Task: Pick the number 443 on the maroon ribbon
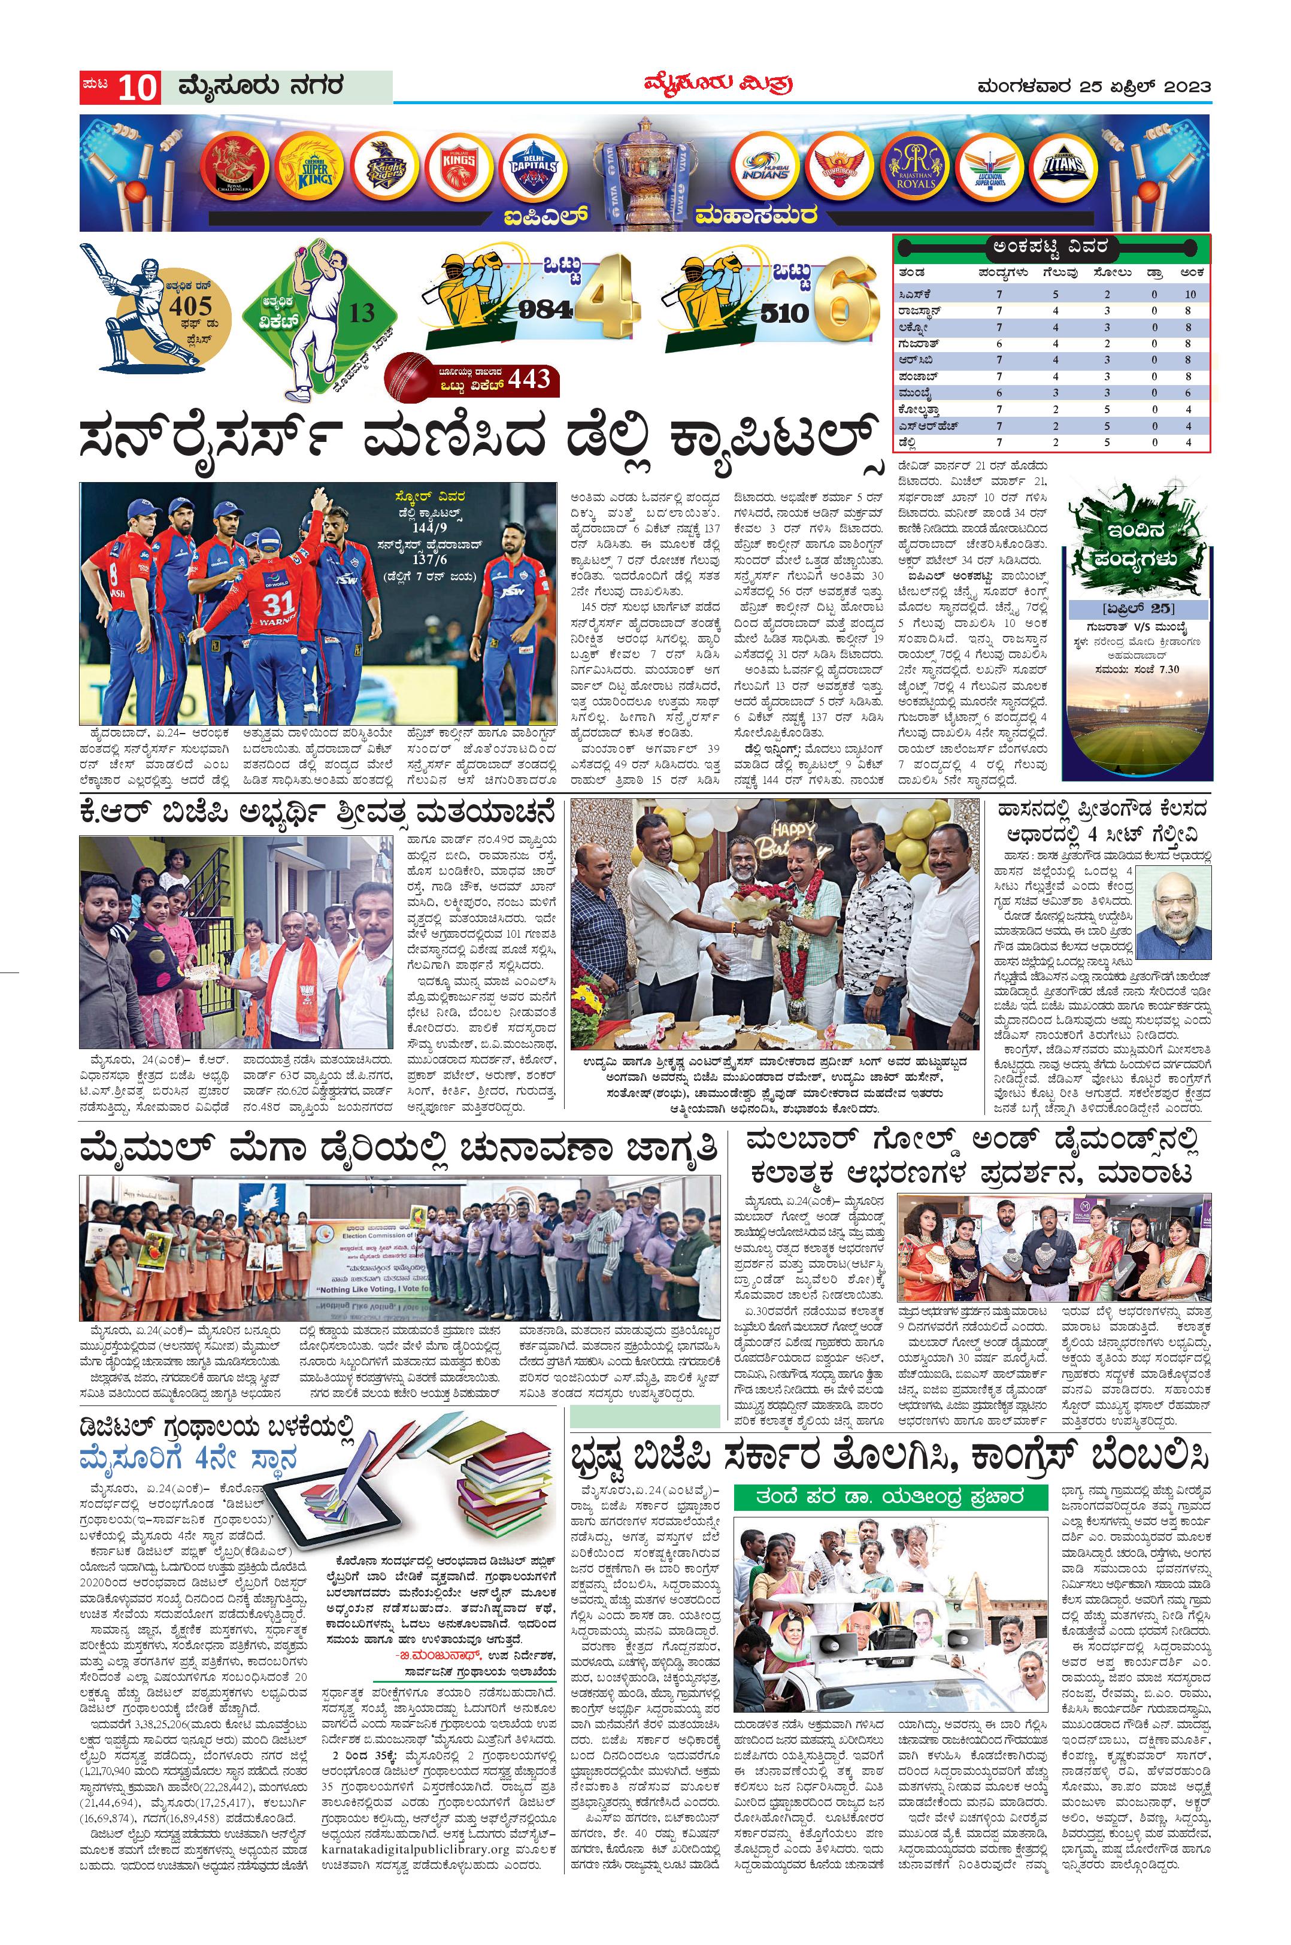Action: (x=529, y=378)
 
